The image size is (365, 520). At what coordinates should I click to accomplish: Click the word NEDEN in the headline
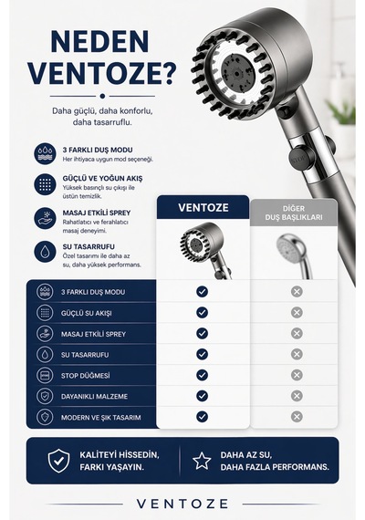tap(99, 41)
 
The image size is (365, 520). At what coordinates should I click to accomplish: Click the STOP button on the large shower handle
tap(299, 158)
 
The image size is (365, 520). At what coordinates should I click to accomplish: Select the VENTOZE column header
tap(203, 208)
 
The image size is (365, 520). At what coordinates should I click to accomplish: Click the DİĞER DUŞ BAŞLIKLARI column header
tap(294, 213)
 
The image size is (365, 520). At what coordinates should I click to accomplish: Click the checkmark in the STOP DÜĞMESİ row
tap(202, 375)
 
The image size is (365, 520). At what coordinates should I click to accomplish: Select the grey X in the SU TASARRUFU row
tap(297, 354)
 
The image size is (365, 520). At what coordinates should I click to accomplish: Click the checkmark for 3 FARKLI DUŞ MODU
tap(202, 292)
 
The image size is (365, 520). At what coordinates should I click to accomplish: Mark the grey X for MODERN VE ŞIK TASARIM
tap(297, 417)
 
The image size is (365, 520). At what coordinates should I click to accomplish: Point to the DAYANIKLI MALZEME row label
tap(94, 396)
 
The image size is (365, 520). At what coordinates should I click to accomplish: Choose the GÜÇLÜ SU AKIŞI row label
tap(87, 313)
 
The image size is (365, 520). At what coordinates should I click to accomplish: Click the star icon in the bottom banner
tap(202, 461)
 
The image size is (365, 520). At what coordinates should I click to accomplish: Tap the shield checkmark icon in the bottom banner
tap(58, 461)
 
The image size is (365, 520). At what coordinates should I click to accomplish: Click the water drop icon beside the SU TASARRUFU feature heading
tap(45, 252)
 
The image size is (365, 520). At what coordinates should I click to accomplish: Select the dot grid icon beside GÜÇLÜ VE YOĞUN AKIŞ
tap(45, 184)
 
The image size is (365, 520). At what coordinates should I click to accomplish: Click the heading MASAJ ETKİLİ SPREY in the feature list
tap(97, 213)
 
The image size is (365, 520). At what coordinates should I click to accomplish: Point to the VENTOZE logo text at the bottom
tap(182, 504)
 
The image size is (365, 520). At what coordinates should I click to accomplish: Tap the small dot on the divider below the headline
tap(102, 96)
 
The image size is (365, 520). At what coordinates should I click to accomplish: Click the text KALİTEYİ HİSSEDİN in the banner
tap(120, 454)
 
